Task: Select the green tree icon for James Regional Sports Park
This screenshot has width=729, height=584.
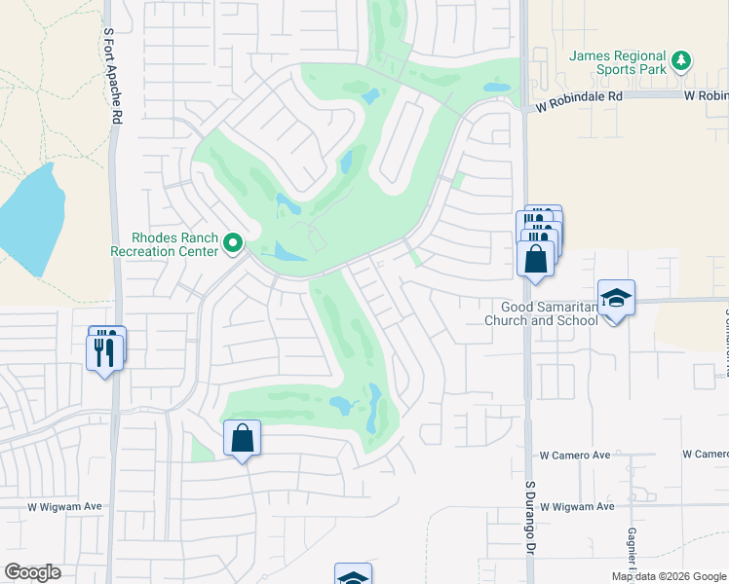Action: [x=683, y=60]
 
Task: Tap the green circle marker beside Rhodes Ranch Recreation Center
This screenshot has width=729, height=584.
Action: [x=233, y=243]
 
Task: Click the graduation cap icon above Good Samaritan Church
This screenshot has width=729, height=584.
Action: [x=616, y=298]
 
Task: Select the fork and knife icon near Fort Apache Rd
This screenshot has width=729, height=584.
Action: [x=105, y=349]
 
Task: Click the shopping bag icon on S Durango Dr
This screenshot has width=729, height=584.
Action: [x=535, y=259]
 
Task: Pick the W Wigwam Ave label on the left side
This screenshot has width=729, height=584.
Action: [x=64, y=506]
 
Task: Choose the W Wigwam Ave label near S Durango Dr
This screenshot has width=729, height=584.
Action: [x=577, y=506]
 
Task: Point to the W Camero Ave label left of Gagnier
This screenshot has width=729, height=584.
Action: [x=575, y=455]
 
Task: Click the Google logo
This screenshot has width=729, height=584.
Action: [x=32, y=572]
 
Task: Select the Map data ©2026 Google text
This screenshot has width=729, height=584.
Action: [x=668, y=576]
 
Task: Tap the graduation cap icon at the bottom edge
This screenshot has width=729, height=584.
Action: [x=353, y=575]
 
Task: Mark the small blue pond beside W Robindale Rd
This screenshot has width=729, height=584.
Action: [x=496, y=88]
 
